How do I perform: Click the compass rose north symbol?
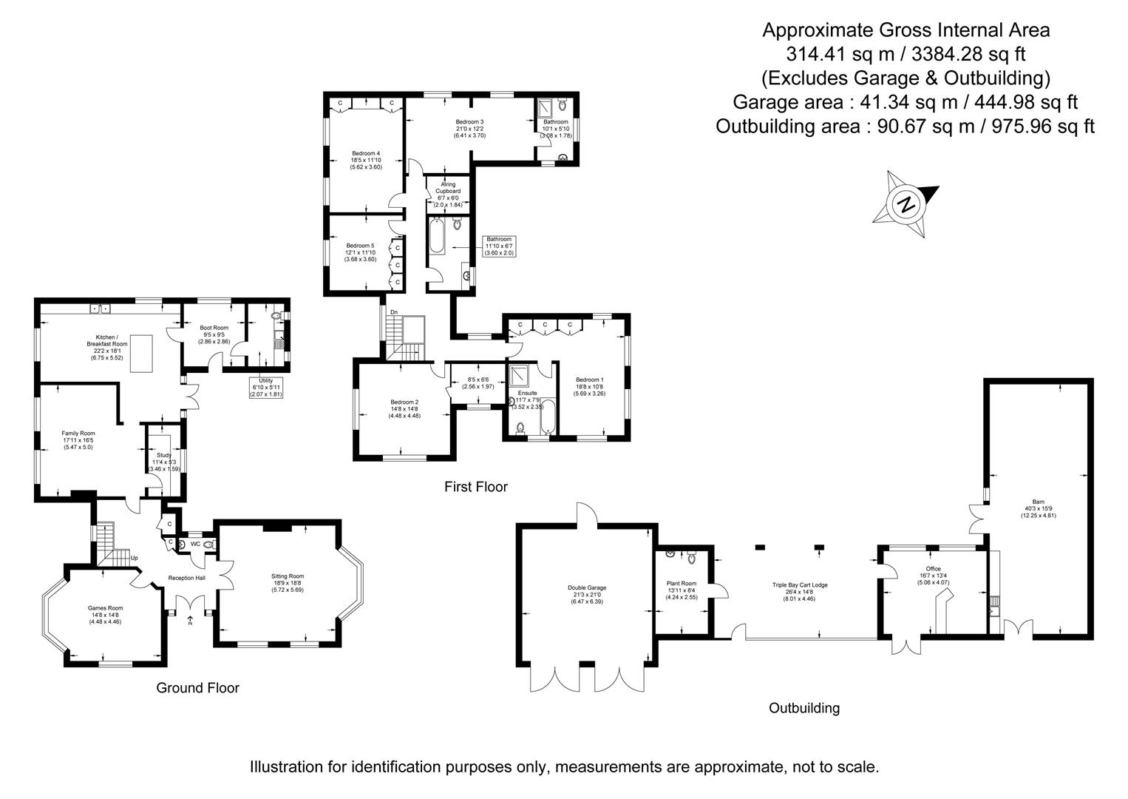[906, 204]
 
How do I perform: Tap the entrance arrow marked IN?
[191, 621]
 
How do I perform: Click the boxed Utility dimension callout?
[266, 387]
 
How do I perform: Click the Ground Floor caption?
[197, 688]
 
